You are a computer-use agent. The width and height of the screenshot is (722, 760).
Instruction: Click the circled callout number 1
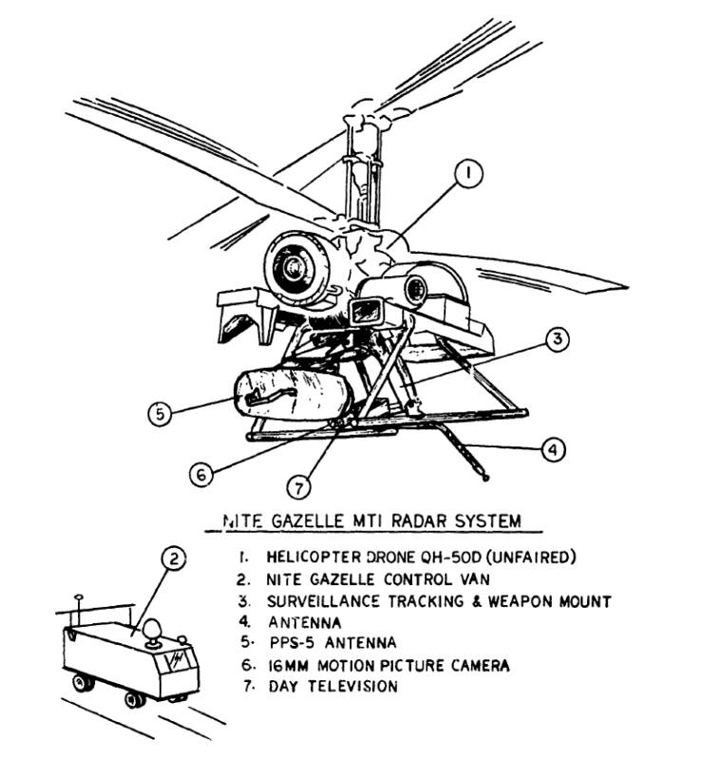point(469,176)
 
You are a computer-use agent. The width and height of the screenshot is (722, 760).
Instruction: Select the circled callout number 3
point(558,338)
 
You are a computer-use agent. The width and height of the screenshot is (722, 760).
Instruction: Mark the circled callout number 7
point(299,487)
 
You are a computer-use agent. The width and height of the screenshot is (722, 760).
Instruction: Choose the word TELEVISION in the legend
point(349,687)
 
